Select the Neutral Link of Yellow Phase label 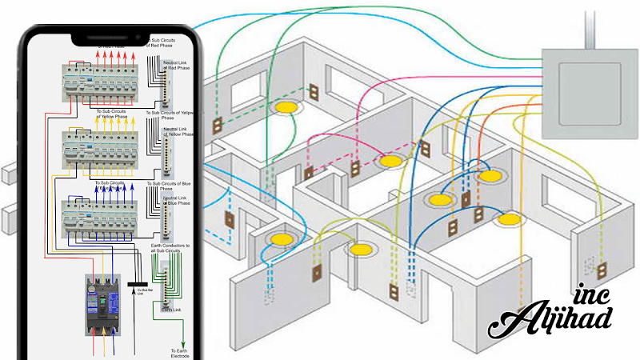pyautogui.click(x=178, y=132)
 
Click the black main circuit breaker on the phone pyautogui.click(x=102, y=305)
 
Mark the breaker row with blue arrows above pyautogui.click(x=104, y=216)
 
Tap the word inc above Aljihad pyautogui.click(x=591, y=294)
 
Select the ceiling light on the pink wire pyautogui.click(x=390, y=161)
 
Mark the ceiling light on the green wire pyautogui.click(x=285, y=106)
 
